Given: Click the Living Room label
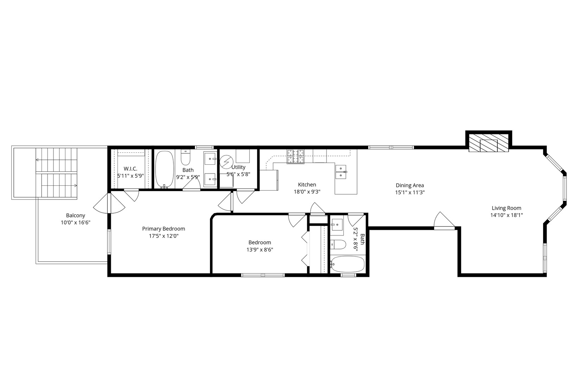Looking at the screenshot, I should click(506, 208).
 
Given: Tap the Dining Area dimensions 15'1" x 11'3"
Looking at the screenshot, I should click(409, 192).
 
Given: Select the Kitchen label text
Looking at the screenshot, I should click(307, 185).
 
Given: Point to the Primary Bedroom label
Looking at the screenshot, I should click(163, 229).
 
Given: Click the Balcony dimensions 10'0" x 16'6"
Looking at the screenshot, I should click(75, 222).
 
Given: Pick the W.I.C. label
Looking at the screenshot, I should click(130, 169).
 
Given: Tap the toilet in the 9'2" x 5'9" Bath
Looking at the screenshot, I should click(185, 158).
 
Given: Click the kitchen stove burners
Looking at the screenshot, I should click(296, 156).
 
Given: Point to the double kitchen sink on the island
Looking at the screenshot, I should click(341, 172).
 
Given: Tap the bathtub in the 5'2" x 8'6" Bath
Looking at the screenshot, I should click(348, 264).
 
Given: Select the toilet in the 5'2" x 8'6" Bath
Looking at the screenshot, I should click(338, 244).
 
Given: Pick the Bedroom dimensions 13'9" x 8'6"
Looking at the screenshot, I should click(260, 250).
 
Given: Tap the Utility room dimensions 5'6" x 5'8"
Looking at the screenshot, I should click(238, 174).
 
